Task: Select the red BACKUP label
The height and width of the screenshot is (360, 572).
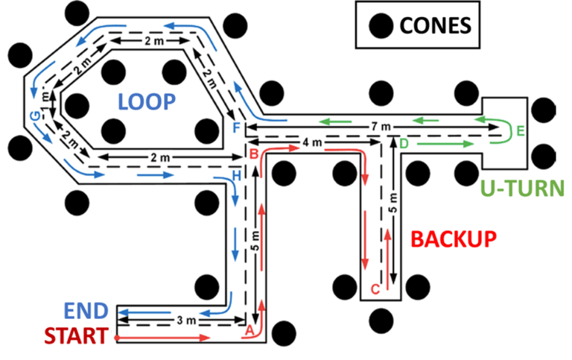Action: point(454,239)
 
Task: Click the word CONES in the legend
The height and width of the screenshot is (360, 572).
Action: point(435,25)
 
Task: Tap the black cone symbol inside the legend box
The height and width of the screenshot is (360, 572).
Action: point(381,25)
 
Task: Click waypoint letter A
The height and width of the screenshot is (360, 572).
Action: point(250,328)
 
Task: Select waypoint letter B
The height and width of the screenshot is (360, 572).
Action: point(254,154)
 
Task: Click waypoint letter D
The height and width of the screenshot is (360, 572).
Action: point(404,142)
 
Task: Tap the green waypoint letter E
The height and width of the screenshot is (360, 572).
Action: point(521,131)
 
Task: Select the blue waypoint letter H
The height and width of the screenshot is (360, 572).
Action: point(237,175)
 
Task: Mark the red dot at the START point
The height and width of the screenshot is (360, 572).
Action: point(117,338)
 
